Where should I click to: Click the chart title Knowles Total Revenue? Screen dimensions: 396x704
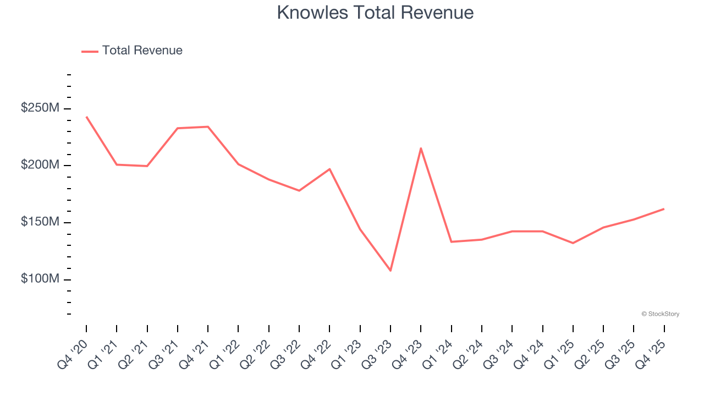[x=375, y=12]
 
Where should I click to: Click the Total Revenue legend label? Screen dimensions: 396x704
[x=142, y=51]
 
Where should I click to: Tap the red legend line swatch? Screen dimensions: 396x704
[x=90, y=51]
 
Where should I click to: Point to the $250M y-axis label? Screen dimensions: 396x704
[x=40, y=108]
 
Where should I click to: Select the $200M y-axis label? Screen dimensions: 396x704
[x=40, y=166]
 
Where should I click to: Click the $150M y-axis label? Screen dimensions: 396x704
[x=40, y=222]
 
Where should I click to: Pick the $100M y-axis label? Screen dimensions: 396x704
[x=40, y=279]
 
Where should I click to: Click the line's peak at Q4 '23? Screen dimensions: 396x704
[x=421, y=148]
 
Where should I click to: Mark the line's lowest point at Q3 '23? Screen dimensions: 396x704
[x=391, y=271]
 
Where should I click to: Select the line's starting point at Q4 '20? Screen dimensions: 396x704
[x=86, y=117]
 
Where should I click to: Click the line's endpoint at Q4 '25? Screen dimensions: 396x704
[x=664, y=209]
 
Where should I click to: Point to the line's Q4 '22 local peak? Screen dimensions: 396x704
[x=329, y=169]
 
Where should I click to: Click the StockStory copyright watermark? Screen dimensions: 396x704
[x=660, y=314]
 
